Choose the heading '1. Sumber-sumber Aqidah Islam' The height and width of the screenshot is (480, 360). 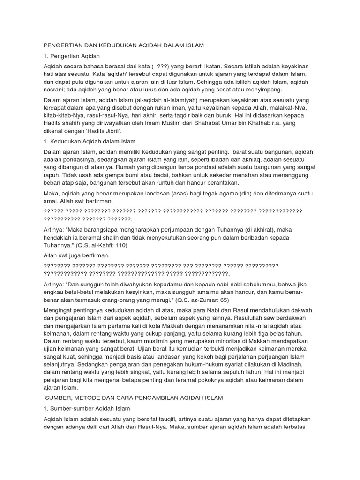click(86, 408)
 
